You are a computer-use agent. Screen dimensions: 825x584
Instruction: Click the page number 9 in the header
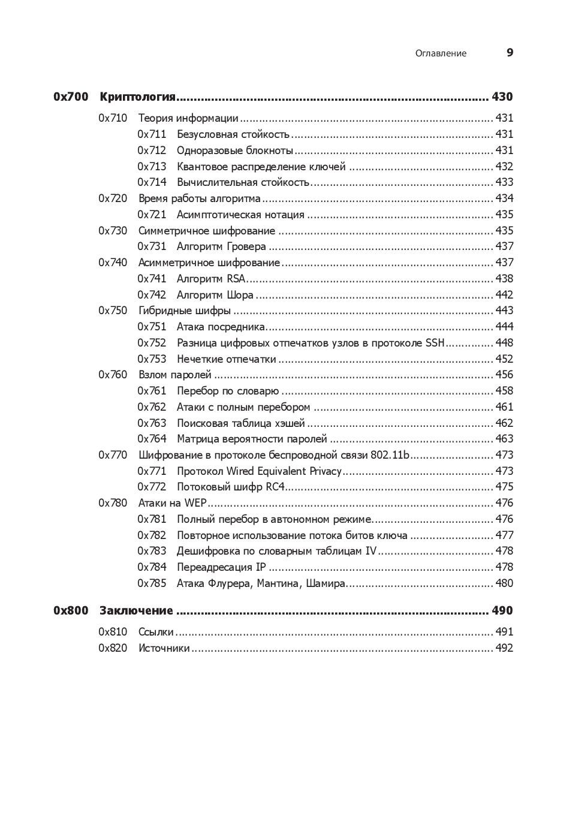(x=510, y=53)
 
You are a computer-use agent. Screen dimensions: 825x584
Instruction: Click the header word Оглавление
(x=441, y=53)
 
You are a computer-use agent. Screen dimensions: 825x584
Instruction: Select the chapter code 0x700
(x=71, y=97)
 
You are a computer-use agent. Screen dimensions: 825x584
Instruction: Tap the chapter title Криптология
(x=137, y=97)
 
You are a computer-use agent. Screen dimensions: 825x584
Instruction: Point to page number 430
(x=502, y=97)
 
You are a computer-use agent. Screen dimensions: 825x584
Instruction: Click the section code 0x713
(x=152, y=167)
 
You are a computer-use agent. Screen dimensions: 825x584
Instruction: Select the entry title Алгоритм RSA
(x=211, y=279)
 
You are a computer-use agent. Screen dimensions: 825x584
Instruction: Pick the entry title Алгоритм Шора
(x=215, y=295)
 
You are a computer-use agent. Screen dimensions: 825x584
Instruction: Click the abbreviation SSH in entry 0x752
(x=435, y=343)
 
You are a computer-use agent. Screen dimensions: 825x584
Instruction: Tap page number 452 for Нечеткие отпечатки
(x=504, y=359)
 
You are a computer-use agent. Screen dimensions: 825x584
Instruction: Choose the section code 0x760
(x=113, y=375)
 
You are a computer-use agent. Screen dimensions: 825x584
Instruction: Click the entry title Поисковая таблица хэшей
(x=240, y=423)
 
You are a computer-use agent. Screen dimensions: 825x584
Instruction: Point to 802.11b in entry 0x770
(x=390, y=455)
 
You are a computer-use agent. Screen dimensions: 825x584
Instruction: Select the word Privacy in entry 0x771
(x=324, y=471)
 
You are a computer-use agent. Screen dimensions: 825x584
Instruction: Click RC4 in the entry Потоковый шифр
(x=275, y=487)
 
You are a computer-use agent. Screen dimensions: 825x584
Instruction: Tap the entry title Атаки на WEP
(x=172, y=503)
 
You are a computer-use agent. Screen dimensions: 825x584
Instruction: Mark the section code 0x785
(x=152, y=583)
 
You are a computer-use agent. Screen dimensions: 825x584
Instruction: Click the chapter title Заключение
(x=136, y=611)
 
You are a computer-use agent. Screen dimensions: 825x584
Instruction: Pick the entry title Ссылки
(x=156, y=632)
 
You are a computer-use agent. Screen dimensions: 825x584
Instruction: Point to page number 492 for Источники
(x=504, y=648)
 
